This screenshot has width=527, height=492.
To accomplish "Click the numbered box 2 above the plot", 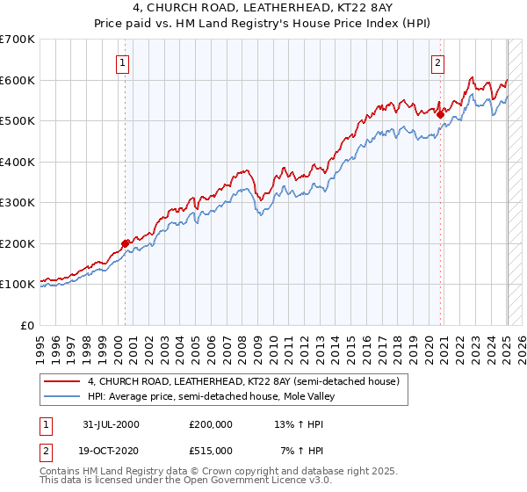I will [x=437, y=62].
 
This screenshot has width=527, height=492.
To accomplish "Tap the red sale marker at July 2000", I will [x=125, y=243].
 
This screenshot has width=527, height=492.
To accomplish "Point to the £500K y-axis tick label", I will [x=18, y=120].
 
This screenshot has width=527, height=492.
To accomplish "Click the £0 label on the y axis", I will [x=28, y=325].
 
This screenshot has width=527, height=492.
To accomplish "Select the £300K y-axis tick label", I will [x=18, y=202].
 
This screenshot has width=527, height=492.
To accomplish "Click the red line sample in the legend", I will [x=61, y=381].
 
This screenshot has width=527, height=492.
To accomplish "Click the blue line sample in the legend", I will [x=61, y=396].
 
